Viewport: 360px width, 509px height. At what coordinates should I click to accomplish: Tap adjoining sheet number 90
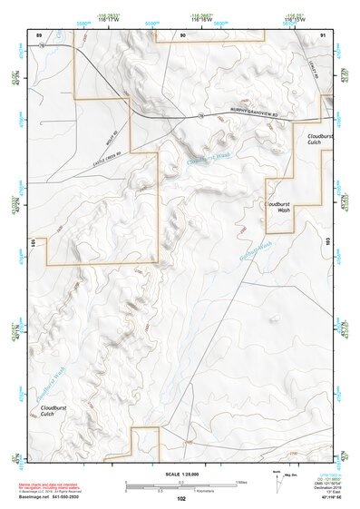[183, 34]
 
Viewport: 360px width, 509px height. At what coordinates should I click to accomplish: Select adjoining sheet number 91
[323, 34]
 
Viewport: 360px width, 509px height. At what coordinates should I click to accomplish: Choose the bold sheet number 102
[181, 498]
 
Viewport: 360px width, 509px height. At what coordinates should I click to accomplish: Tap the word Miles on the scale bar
[243, 481]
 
